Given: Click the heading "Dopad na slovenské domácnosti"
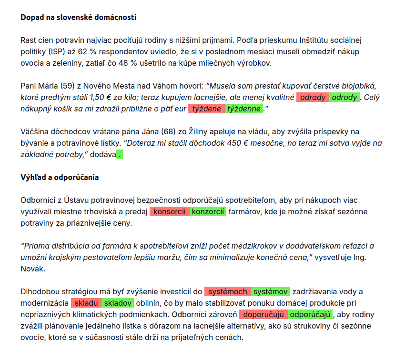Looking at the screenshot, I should coord(79,18).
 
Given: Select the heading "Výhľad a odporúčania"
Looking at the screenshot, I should coord(60,177).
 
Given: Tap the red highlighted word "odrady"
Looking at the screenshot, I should coord(313,98).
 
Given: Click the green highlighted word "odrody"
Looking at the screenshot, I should coord(344,98).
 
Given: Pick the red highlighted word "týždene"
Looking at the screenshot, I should coord(206,109).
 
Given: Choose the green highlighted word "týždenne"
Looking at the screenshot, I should coord(244,109).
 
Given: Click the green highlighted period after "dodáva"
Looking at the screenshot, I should coord(120,154).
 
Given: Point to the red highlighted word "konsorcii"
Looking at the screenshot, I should coord(170,212).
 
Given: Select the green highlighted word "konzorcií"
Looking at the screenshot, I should coord(208,212).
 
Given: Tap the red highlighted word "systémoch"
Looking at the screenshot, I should coord(228,292).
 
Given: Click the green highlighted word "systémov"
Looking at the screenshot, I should coord(270,292).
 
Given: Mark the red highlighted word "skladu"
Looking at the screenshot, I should coord(86,303).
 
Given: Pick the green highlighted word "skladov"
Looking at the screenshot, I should coord(118,303).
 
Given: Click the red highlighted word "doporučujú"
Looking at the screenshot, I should coord(263,314).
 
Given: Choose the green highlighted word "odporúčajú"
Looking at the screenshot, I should coord(310,314).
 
